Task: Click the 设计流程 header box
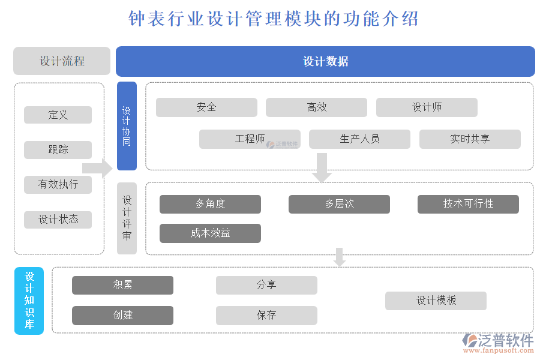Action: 62,61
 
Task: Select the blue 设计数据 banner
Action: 325,61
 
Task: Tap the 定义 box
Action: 58,115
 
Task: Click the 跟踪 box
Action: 58,149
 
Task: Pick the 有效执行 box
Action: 58,184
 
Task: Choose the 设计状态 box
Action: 58,219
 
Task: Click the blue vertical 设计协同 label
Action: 127,126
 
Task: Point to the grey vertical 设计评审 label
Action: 127,218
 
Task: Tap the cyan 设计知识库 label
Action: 29,301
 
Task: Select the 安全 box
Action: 206,107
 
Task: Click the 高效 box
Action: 316,107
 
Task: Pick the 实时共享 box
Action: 470,139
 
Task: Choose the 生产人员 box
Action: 359,139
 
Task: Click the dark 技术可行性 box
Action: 468,204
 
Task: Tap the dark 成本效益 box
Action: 210,233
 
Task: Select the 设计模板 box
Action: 436,301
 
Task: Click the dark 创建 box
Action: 122,315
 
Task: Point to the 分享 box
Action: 266,285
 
